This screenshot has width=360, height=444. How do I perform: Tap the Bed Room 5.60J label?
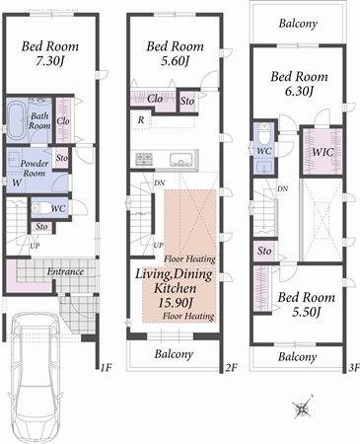174,53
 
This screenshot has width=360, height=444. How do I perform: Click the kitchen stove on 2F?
144,159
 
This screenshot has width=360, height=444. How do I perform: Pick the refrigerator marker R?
141,119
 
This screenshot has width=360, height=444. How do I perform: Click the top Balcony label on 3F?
298,21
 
